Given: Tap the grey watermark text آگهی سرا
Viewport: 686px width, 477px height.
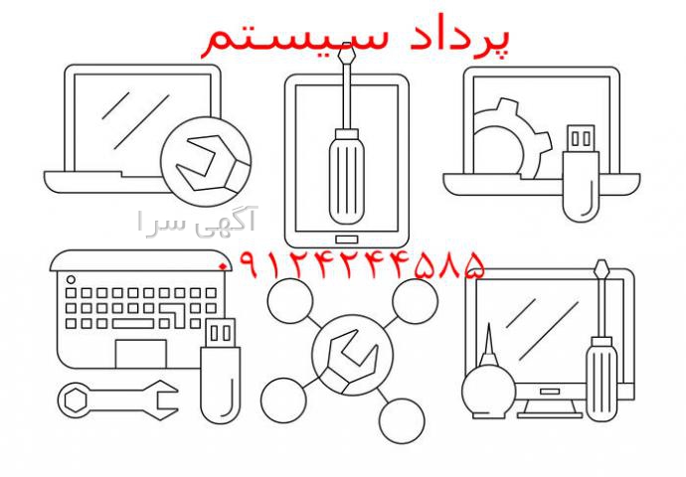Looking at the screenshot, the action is (197, 222).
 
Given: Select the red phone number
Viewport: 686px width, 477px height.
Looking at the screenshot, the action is (352, 265).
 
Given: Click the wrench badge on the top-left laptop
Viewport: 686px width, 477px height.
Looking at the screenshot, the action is (206, 161).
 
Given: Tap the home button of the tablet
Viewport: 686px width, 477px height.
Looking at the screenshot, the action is (347, 239).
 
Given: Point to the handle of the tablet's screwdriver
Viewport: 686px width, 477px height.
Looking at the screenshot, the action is (347, 176).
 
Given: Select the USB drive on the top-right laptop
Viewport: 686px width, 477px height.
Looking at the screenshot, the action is (581, 173).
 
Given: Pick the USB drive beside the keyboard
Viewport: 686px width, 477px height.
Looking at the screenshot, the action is (220, 371).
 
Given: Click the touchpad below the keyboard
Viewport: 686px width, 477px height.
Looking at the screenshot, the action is (141, 353).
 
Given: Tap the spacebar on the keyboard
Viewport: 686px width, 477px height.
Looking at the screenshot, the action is (133, 324).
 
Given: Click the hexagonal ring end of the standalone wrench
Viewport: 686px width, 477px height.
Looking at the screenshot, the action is (76, 399).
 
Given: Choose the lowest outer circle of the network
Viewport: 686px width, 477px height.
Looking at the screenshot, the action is (402, 420).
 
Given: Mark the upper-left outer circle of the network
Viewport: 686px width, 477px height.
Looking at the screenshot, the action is (290, 301).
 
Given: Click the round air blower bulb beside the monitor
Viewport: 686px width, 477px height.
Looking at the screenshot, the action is (489, 391).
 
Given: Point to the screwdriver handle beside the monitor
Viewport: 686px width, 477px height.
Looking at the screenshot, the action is (601, 379).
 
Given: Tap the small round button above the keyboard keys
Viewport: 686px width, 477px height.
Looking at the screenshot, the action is (71, 279).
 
